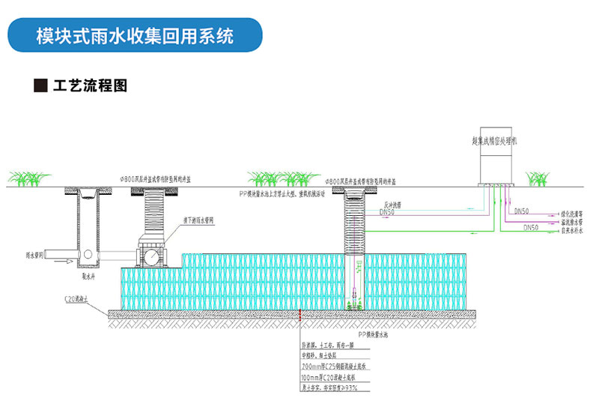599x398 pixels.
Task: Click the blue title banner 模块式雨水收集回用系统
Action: pyautogui.click(x=135, y=35)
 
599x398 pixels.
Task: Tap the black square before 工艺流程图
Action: pyautogui.click(x=40, y=85)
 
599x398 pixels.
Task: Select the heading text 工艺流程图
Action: pyautogui.click(x=90, y=85)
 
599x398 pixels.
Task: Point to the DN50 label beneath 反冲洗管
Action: pyautogui.click(x=387, y=213)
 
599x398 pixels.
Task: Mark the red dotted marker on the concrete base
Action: pyautogui.click(x=299, y=316)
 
